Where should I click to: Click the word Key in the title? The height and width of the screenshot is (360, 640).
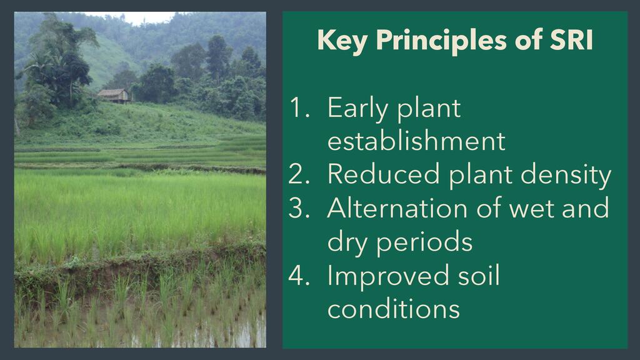coord(342,41)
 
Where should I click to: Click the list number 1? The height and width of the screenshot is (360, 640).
coord(299,107)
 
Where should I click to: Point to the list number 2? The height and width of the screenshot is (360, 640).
coord(299,174)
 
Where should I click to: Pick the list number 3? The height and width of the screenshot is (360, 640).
coord(299,207)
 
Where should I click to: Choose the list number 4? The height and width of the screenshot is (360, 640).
coord(299,275)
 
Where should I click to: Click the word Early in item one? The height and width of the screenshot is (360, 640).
coord(357,109)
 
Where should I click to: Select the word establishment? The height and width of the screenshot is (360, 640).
coord(416,141)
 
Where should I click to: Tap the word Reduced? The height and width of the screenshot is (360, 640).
coord(384,174)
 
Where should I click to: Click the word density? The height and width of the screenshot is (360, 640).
coord(566,176)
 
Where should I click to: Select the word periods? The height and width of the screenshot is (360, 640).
coord(424,242)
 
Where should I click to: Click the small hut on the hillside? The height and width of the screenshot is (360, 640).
coord(114,96)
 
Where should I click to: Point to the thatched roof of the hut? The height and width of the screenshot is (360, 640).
coord(112,92)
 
